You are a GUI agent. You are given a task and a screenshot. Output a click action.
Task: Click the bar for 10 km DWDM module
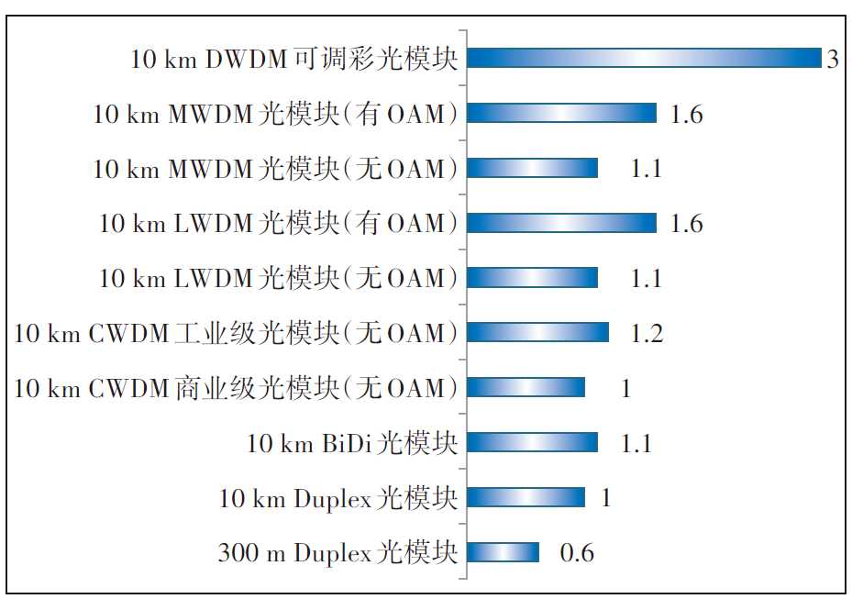coord(645,58)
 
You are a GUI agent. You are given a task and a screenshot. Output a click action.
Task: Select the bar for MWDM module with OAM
coord(562,113)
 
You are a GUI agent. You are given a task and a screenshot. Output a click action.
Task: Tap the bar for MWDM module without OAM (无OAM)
coord(533,168)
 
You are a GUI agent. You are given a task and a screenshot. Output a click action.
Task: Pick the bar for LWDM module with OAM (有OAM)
coord(562,223)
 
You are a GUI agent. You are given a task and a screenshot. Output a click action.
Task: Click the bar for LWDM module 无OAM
coord(533,278)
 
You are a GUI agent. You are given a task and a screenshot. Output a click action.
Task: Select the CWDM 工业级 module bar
coord(538,332)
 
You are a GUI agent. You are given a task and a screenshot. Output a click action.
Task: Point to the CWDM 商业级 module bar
coord(526,387)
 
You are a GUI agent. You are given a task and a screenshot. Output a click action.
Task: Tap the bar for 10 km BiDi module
coord(533,442)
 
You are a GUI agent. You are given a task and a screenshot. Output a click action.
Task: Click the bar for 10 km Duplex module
coord(526,497)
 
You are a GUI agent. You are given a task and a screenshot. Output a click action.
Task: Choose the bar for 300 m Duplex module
coord(503,552)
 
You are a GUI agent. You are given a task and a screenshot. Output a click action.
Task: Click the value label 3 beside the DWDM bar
coord(832,61)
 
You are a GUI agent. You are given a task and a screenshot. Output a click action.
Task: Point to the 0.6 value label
coord(577,553)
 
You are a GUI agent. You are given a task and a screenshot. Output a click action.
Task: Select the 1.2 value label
coord(646,334)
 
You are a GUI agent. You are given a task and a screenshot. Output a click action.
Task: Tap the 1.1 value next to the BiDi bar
coord(636,444)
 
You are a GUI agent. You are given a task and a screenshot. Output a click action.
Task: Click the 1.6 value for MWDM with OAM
coord(686,115)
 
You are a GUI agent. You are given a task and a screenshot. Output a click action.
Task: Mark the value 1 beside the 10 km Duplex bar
coord(606,498)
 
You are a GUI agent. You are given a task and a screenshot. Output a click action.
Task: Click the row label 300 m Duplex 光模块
coord(337,553)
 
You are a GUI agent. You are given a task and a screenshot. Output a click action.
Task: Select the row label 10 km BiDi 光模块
coord(351,444)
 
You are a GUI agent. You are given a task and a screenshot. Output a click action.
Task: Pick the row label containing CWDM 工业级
coord(236,334)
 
